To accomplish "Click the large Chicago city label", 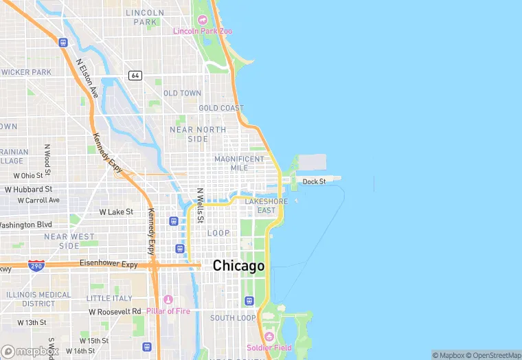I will (238, 266).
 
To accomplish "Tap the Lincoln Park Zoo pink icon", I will (201, 20).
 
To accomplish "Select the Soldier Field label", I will (269, 348).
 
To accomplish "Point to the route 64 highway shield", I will (135, 75).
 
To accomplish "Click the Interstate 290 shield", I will (36, 265).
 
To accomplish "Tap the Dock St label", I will (314, 181).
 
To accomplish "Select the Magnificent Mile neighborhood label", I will (239, 163).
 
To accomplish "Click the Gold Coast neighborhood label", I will (221, 109).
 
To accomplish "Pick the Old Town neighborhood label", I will (182, 93).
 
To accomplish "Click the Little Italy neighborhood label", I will (109, 298).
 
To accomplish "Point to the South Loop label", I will (233, 318).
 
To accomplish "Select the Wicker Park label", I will (26, 72).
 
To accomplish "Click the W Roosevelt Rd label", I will (115, 311).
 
